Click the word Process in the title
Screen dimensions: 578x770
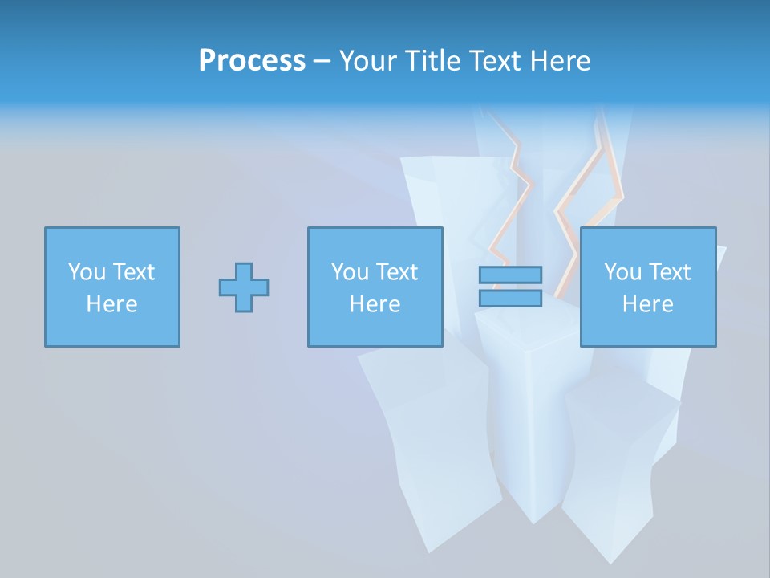(x=252, y=61)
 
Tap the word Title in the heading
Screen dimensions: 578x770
(x=432, y=61)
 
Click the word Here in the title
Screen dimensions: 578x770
(x=560, y=61)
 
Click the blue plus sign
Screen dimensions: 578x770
(x=244, y=287)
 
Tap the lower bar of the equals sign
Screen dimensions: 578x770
(x=510, y=299)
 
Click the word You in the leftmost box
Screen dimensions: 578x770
(x=86, y=272)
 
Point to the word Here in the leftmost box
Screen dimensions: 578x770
(x=111, y=304)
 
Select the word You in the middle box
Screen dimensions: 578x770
(x=350, y=272)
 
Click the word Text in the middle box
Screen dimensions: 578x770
(x=396, y=272)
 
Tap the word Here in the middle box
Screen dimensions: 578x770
(x=375, y=304)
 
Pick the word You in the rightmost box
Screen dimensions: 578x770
(x=622, y=272)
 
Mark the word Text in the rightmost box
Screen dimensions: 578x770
(x=669, y=272)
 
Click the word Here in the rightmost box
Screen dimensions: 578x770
(x=648, y=304)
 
